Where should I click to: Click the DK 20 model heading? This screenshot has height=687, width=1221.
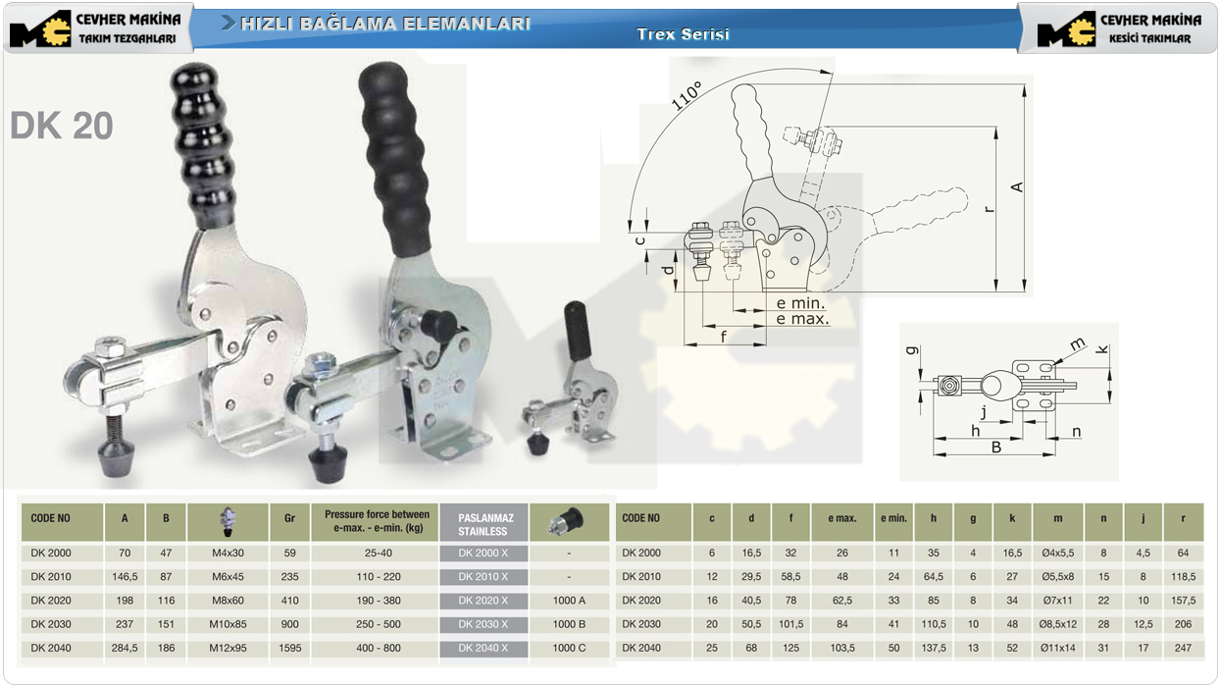point(62,126)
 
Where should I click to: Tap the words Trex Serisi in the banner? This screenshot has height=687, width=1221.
point(683,34)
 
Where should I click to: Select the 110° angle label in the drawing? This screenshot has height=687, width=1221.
point(687,96)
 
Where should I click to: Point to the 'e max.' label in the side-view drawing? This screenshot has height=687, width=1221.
point(802,319)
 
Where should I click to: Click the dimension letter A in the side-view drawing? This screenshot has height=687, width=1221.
point(1017,186)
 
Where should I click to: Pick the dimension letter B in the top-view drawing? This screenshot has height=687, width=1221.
point(996,448)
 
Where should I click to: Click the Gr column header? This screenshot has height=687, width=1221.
point(289,518)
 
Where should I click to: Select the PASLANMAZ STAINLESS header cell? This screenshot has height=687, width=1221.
point(483,524)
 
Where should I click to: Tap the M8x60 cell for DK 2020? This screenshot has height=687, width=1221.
point(228,601)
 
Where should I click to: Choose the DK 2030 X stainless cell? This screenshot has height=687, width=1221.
point(483,624)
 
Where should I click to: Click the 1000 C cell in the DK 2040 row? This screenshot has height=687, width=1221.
point(569,648)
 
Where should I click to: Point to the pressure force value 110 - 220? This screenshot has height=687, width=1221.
point(379,576)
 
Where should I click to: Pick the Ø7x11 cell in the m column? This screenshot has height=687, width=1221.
point(1057,601)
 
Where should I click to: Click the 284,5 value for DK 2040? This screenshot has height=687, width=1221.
point(125,648)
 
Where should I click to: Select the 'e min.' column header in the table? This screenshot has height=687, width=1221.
point(893,518)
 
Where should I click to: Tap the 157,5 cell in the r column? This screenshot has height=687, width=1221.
point(1183,601)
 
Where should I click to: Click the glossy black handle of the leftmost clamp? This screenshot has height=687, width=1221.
point(203,145)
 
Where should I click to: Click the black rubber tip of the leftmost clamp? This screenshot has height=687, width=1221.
point(116,456)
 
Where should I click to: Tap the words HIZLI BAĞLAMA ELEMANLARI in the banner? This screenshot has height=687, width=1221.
point(384,24)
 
